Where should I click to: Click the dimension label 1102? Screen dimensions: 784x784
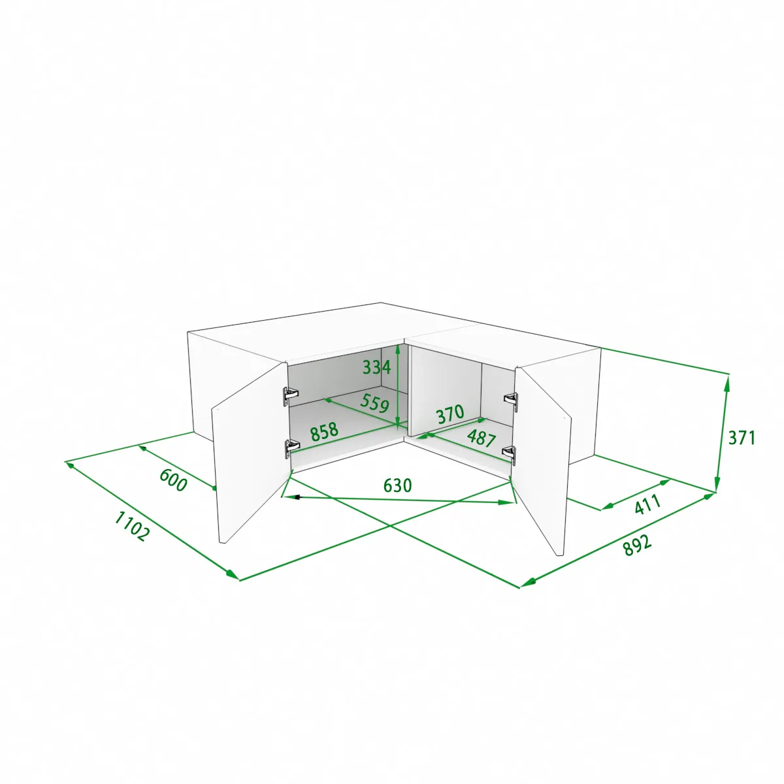(x=131, y=527)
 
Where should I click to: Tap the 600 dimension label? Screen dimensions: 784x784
(x=173, y=480)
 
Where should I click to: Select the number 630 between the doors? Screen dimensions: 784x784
(x=397, y=485)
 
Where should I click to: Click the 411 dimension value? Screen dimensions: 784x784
(x=647, y=504)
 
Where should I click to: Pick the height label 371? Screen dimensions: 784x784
(x=742, y=438)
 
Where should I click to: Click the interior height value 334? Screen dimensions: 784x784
(x=376, y=367)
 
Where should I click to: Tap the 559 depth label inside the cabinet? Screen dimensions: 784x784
(x=375, y=403)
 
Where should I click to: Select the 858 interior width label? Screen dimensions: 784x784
(x=324, y=432)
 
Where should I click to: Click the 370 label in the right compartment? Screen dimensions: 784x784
(x=450, y=414)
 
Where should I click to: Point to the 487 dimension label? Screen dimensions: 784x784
(x=482, y=438)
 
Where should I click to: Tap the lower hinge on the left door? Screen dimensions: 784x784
(x=291, y=448)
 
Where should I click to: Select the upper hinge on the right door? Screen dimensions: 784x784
(x=511, y=402)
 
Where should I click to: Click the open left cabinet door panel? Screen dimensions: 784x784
(x=249, y=451)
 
